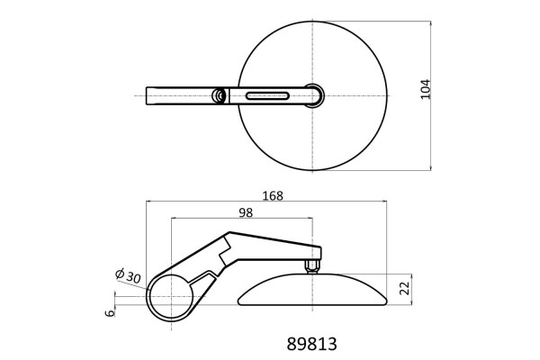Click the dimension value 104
(426, 90)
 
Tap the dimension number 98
(246, 212)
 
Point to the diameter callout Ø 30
(128, 275)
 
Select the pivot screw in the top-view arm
(219, 95)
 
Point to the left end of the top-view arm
(148, 95)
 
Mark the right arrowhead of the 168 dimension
(386, 203)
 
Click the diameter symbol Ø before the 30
(120, 272)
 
